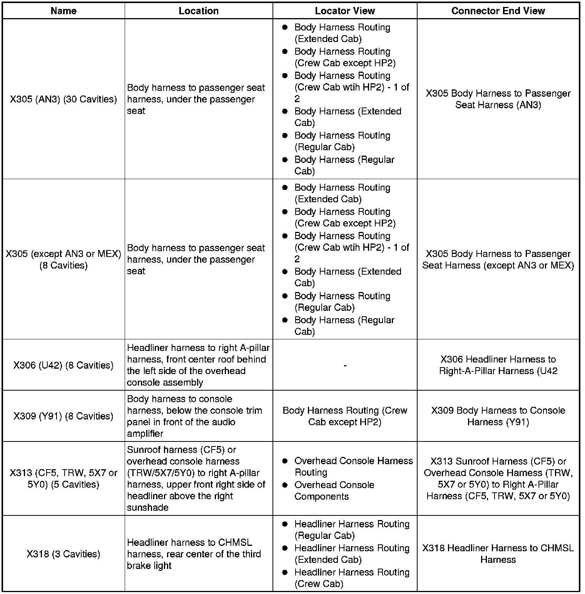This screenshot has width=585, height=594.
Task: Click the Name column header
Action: pos(64,11)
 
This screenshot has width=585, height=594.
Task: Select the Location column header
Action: pos(199,11)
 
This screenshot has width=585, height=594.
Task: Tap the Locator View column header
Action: pos(344,11)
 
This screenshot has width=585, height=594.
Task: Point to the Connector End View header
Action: pos(498,11)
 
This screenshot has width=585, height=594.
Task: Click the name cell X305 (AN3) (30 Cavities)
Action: pos(64,99)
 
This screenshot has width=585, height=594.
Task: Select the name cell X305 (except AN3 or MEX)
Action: pos(64,260)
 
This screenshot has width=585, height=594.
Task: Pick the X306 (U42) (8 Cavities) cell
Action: pos(64,365)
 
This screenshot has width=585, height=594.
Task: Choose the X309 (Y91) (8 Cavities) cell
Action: pos(64,416)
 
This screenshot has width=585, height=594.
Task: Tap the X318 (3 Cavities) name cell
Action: pos(64,554)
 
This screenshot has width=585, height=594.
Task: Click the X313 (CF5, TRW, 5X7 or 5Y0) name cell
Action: pos(64,478)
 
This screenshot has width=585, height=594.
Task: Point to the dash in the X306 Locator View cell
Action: pos(345,365)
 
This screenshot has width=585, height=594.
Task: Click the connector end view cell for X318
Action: pos(498,554)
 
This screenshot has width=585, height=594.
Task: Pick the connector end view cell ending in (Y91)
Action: pos(498,416)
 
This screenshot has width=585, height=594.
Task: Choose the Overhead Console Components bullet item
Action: pos(334,490)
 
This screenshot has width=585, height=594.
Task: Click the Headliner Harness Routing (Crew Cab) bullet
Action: pos(351,578)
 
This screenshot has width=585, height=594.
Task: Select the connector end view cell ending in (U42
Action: pos(498,365)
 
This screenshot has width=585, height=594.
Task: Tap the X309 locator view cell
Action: pos(344,416)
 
